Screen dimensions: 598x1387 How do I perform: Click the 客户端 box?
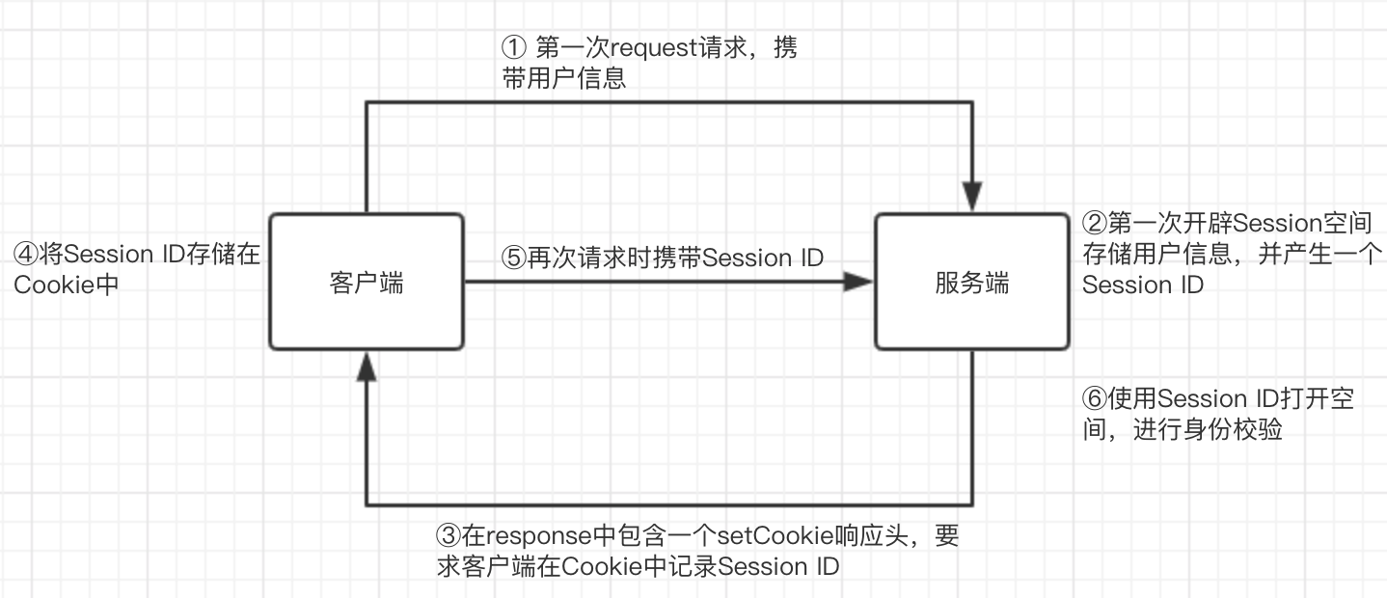click(x=367, y=283)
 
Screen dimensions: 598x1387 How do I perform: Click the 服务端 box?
click(x=971, y=283)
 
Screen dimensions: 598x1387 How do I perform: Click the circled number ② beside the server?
click(x=1094, y=224)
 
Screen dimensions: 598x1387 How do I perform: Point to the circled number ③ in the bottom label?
click(x=449, y=536)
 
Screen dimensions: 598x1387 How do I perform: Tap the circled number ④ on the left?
click(x=25, y=255)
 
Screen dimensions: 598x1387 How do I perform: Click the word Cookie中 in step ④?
click(x=66, y=285)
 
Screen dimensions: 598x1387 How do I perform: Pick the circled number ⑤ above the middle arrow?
click(x=513, y=258)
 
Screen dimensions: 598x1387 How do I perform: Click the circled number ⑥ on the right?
click(x=1094, y=398)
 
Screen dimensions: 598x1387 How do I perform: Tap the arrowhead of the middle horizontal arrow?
click(x=858, y=282)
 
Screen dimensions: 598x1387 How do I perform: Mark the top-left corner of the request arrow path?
click(x=366, y=100)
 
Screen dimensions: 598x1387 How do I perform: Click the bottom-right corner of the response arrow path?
click(x=972, y=504)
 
